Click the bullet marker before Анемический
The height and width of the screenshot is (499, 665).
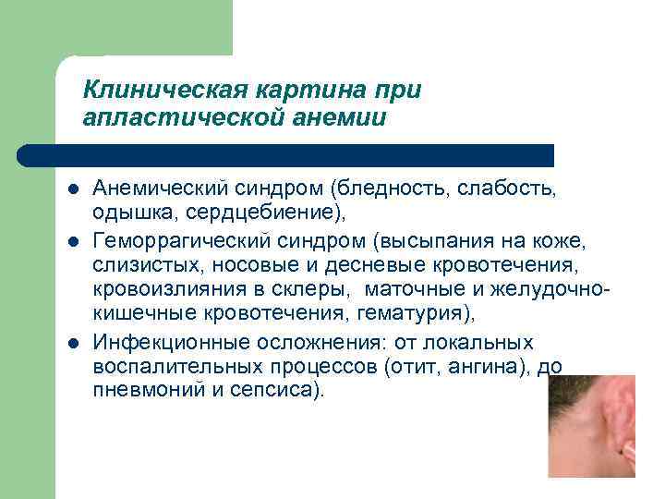tap(71, 189)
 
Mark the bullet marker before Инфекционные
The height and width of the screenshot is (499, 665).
tap(71, 344)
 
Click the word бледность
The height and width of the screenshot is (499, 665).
tap(388, 189)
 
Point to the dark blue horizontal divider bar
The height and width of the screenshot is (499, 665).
tap(286, 154)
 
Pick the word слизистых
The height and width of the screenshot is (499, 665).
tap(136, 265)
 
